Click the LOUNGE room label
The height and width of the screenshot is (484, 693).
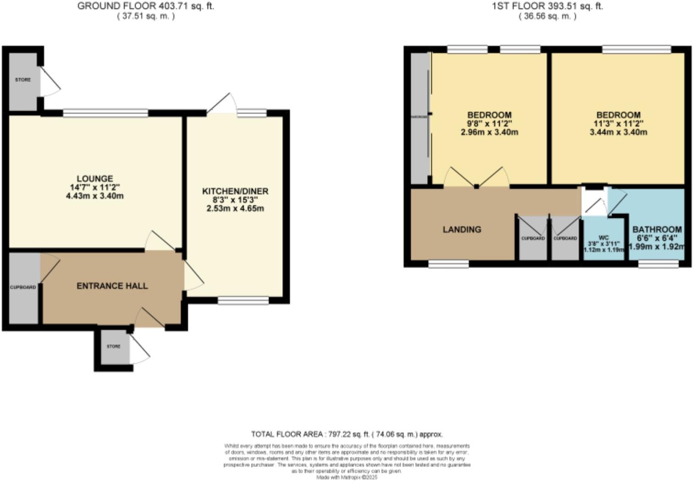pyautogui.click(x=94, y=179)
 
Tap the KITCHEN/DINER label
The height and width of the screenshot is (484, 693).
pyautogui.click(x=235, y=191)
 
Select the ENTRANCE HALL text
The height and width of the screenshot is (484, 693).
pyautogui.click(x=112, y=286)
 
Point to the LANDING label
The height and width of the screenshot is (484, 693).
pyautogui.click(x=462, y=230)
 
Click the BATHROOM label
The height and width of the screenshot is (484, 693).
pyautogui.click(x=657, y=230)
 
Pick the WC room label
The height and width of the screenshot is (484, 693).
pyautogui.click(x=604, y=238)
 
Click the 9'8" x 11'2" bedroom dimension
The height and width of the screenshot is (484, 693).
pyautogui.click(x=489, y=123)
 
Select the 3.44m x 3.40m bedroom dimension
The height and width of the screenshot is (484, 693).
pyautogui.click(x=618, y=132)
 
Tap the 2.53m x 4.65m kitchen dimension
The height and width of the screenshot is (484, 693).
pyautogui.click(x=235, y=209)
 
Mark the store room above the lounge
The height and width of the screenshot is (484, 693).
pyautogui.click(x=23, y=80)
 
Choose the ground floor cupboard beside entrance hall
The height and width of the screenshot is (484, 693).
pyautogui.click(x=23, y=287)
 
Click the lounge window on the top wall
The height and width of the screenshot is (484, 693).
pyautogui.click(x=105, y=112)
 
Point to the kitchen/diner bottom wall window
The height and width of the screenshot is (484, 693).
pyautogui.click(x=243, y=300)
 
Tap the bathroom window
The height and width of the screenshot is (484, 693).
pyautogui.click(x=658, y=264)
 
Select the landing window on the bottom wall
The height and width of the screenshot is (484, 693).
pyautogui.click(x=448, y=264)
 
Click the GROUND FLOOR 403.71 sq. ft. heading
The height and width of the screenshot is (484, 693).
pyautogui.click(x=145, y=6)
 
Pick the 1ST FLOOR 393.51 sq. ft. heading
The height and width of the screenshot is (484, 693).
pyautogui.click(x=547, y=6)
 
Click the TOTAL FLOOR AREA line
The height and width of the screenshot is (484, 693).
pyautogui.click(x=346, y=434)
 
